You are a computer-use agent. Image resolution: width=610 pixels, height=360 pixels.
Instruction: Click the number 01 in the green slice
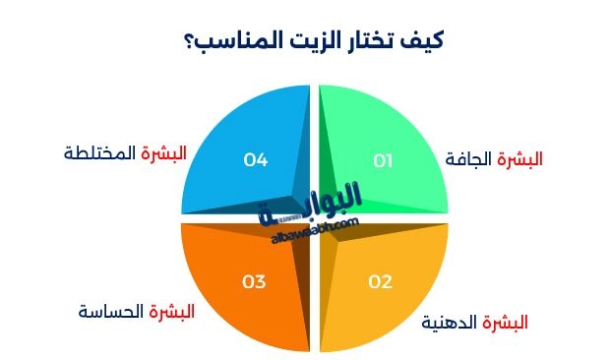[382, 158]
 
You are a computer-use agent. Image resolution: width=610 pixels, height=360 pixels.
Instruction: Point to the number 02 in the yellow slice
[381, 282]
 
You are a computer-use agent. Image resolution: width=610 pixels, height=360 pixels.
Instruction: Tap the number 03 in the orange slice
[254, 282]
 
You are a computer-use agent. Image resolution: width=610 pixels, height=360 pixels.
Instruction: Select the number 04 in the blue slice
[256, 158]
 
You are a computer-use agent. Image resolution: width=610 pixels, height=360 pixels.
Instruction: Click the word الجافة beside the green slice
[468, 158]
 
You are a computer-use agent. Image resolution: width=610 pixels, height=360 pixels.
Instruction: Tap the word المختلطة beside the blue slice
[99, 153]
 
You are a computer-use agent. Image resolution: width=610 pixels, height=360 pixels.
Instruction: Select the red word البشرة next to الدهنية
[507, 322]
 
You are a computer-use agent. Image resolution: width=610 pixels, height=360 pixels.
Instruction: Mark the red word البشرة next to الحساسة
[172, 312]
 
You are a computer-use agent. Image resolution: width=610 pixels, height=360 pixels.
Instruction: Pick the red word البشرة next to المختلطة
[164, 153]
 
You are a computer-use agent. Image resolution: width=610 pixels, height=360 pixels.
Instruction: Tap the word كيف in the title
[424, 41]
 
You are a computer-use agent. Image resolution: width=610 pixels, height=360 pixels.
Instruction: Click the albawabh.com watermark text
[313, 231]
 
